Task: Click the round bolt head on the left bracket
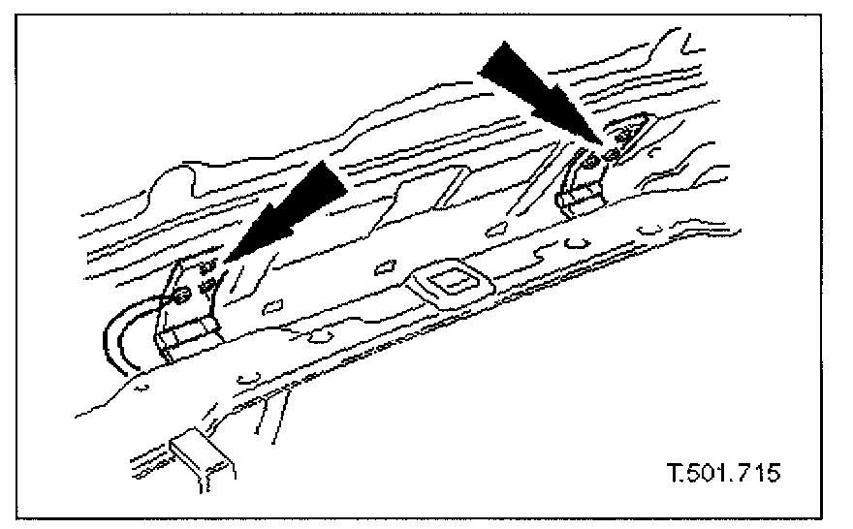[x=182, y=297]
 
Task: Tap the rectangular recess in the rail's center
[x=449, y=284]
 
